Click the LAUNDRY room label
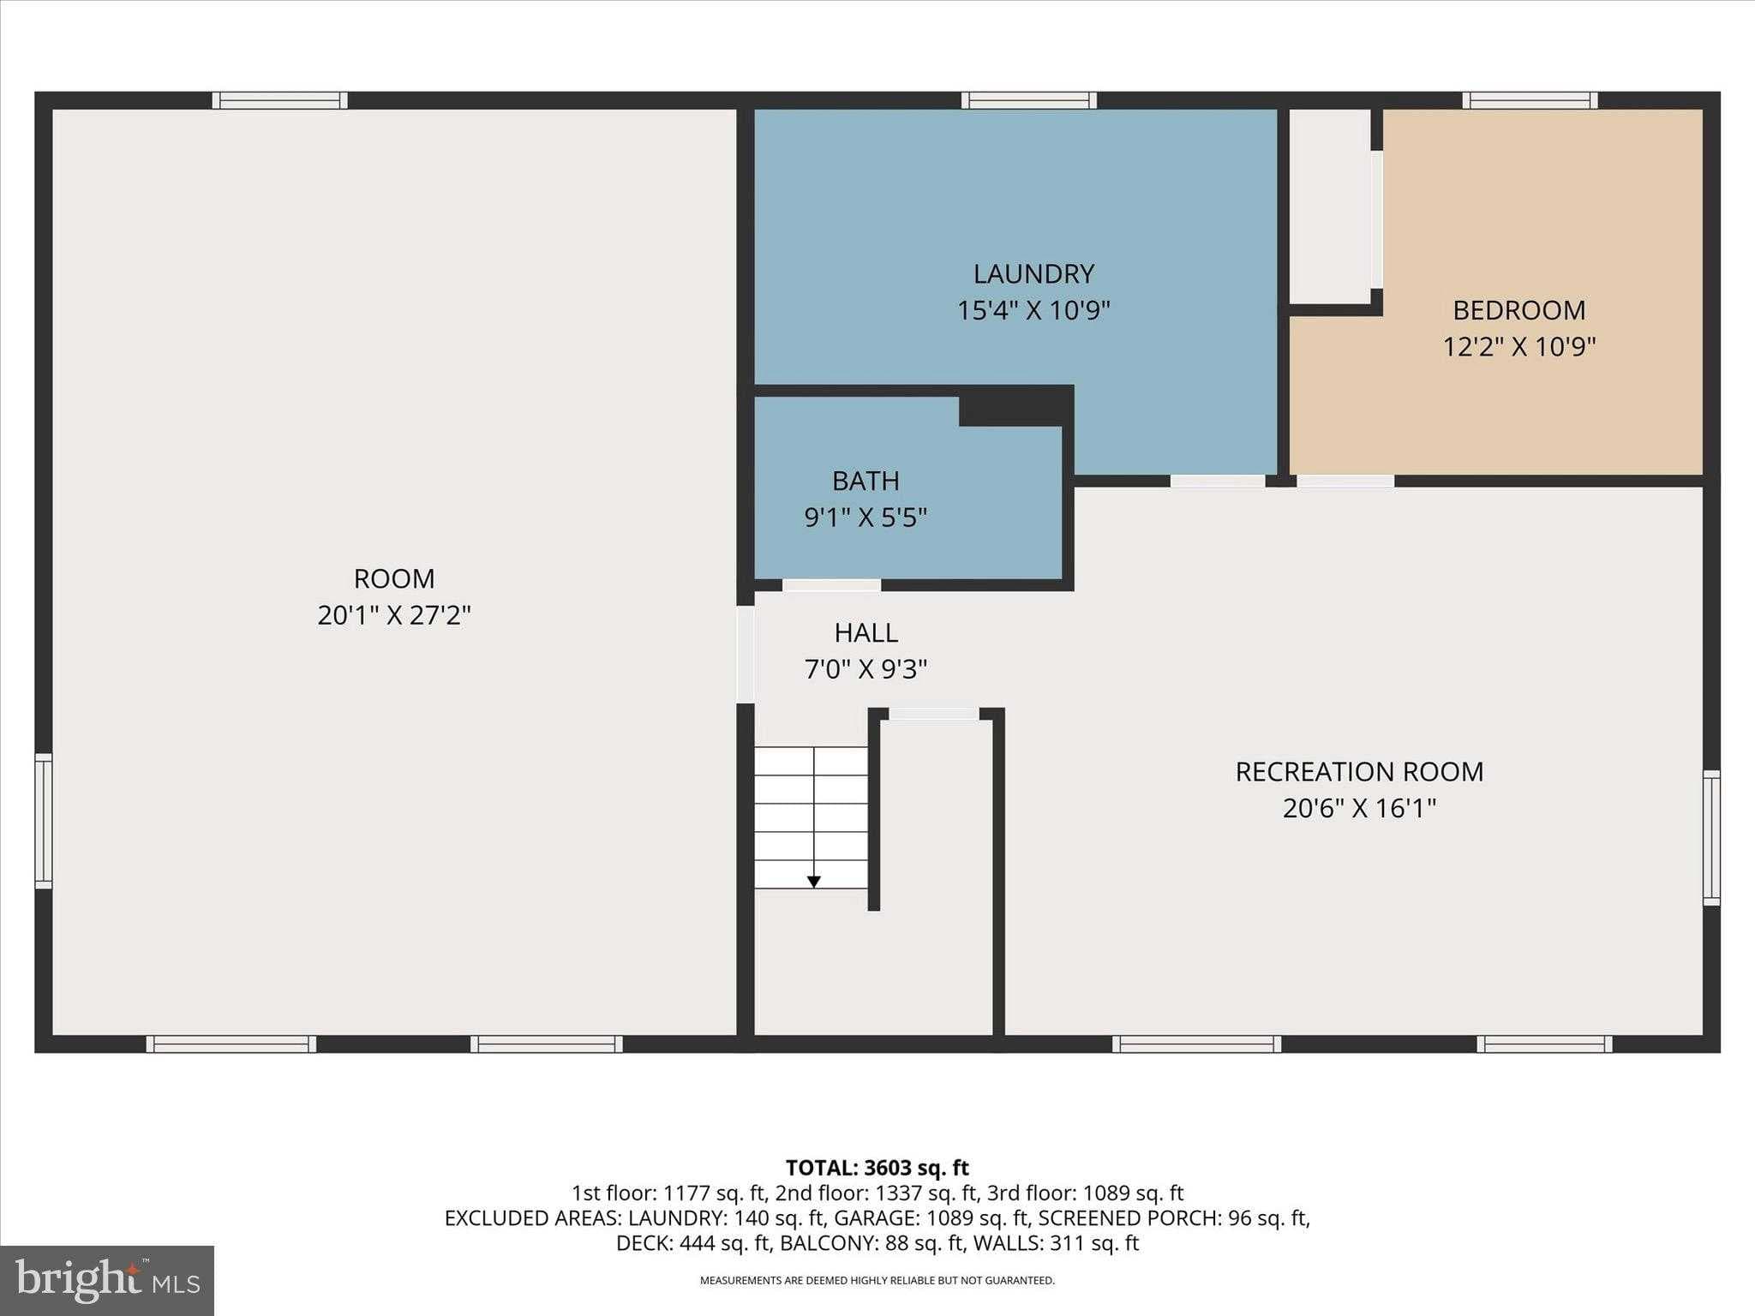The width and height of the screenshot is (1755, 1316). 1033,274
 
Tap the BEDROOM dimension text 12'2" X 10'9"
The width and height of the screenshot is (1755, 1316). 1518,347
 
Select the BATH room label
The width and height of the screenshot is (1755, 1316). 866,481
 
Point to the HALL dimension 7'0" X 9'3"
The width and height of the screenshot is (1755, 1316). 866,669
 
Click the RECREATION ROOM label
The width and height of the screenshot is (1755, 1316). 1359,772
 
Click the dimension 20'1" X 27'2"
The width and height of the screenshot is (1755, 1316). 394,615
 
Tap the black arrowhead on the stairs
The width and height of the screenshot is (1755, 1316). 813,882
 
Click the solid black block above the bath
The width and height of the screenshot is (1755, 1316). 1015,406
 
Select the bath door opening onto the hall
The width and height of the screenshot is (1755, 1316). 831,585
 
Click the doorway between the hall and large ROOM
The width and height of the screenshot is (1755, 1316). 746,655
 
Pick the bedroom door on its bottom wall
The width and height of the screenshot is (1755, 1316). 1345,481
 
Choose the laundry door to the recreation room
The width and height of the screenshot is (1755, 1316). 1217,481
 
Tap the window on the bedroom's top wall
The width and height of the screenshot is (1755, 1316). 1530,100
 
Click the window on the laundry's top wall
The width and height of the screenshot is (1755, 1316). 1028,100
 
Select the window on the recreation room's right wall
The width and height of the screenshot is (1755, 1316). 1710,837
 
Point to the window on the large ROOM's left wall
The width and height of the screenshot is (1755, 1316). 43,820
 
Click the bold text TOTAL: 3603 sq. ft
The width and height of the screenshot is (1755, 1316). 877,1168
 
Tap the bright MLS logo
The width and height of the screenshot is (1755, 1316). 107,1280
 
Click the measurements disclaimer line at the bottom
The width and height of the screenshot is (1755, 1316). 877,1281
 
